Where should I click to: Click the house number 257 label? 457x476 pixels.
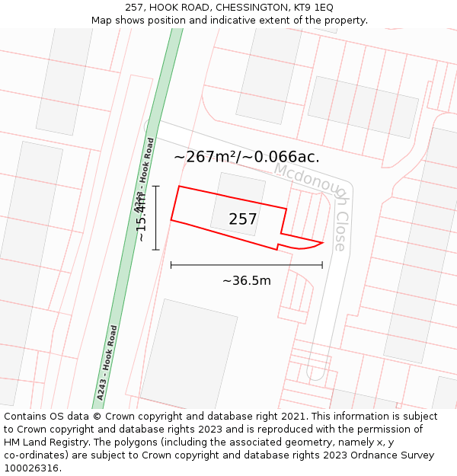tap(243, 219)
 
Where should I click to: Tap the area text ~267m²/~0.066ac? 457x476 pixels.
tap(247, 157)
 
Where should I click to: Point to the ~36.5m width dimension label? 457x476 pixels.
tap(247, 280)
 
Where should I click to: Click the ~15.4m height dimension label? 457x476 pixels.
tap(141, 217)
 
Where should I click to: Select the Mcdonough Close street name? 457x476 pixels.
tap(314, 205)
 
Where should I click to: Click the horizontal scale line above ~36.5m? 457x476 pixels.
tap(247, 265)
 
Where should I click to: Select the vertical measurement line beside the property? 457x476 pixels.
tap(156, 218)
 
